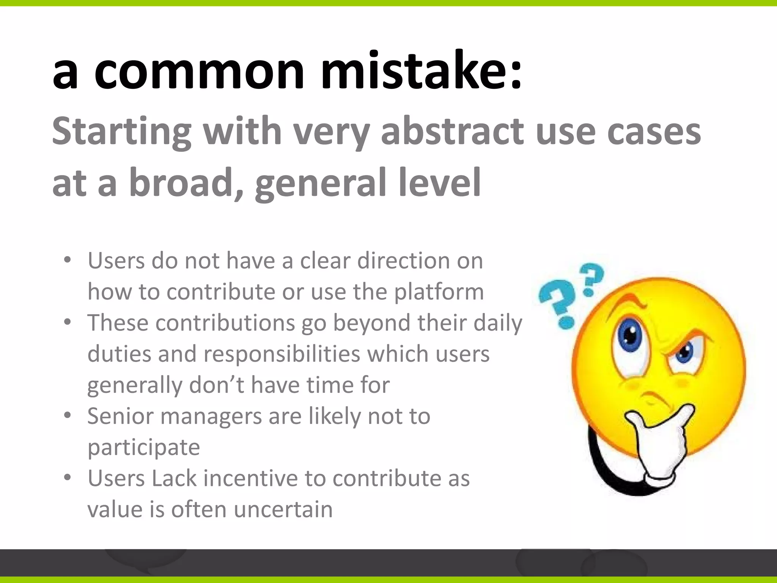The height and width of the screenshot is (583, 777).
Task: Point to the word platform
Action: pyautogui.click(x=439, y=292)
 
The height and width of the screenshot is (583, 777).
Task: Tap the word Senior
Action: pyautogui.click(x=120, y=416)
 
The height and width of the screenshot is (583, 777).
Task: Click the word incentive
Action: pyautogui.click(x=250, y=478)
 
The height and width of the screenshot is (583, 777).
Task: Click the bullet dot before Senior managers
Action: pyautogui.click(x=68, y=415)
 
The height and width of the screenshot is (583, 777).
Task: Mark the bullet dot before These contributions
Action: pyautogui.click(x=68, y=322)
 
